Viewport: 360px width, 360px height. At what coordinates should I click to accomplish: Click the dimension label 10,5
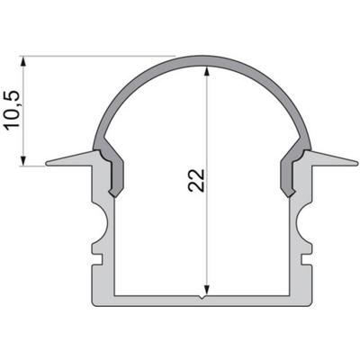(12, 111)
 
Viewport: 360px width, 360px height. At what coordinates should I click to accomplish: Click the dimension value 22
(197, 179)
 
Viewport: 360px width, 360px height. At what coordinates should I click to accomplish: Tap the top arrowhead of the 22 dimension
(206, 72)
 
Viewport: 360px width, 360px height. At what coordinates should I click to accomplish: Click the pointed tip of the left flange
(47, 164)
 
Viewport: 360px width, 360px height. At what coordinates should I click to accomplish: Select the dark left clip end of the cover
(114, 175)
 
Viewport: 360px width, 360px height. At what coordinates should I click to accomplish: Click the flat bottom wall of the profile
(206, 300)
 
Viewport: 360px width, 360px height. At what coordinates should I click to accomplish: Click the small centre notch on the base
(206, 295)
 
